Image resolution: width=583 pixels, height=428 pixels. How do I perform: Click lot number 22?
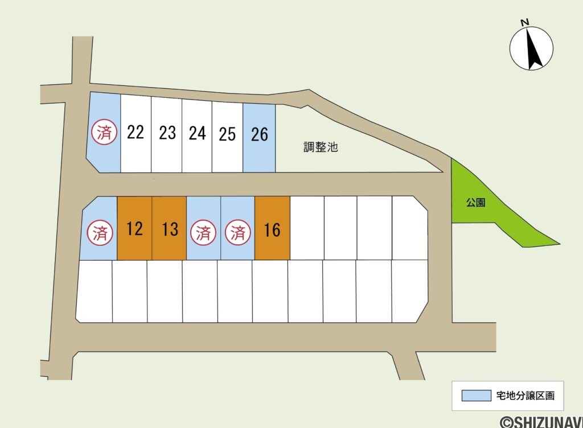[136, 133]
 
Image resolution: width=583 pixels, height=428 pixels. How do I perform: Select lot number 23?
[167, 133]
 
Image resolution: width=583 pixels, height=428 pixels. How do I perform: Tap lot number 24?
[197, 133]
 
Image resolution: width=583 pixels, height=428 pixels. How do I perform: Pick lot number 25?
[227, 134]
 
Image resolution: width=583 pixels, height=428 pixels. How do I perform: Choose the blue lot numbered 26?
[259, 134]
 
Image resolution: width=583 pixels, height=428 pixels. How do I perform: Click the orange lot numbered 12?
[135, 229]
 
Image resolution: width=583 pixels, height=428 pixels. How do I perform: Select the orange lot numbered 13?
[170, 229]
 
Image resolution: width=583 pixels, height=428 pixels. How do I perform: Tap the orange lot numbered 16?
[273, 230]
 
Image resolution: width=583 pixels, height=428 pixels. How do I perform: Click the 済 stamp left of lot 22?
[105, 133]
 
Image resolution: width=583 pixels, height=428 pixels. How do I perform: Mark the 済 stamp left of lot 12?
[99, 233]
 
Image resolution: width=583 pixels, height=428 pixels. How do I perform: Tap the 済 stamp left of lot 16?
[237, 233]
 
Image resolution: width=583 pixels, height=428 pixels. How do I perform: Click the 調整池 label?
[320, 147]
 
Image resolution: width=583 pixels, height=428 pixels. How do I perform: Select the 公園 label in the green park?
[475, 203]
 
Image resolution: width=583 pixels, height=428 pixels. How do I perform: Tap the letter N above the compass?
[525, 22]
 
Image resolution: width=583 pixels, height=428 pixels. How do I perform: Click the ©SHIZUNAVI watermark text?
[541, 422]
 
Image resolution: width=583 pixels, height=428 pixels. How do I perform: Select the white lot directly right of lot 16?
[307, 228]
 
